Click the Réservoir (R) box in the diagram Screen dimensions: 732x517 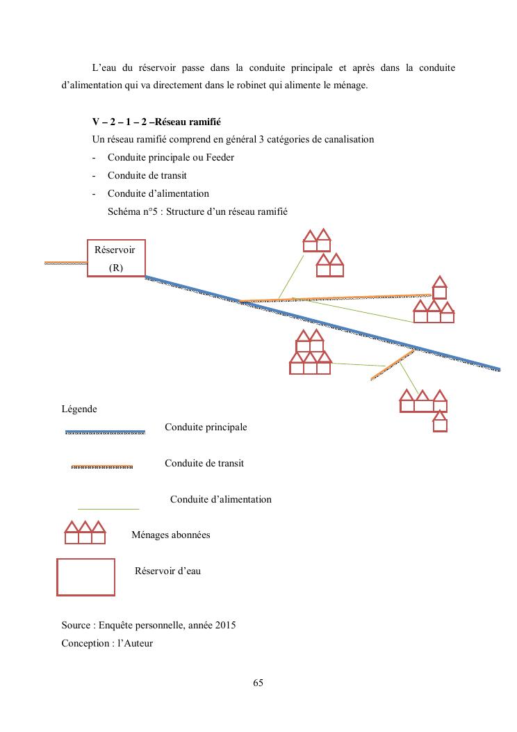[116, 258]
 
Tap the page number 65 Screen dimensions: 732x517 [258, 683]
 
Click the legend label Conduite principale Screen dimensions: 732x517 [206, 427]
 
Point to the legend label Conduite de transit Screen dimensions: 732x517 [204, 463]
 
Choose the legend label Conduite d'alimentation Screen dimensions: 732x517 [221, 499]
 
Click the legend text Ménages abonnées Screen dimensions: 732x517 [170, 535]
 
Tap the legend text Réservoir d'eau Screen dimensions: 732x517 [167, 571]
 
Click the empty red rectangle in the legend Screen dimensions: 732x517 [85, 577]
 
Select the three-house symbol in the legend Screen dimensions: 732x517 [85, 532]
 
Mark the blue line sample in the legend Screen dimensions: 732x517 [105, 432]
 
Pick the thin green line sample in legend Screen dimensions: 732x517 [108, 509]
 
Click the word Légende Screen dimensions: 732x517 [79, 409]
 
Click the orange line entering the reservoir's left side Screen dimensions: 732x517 [66, 263]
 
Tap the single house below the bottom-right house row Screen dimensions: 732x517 [439, 423]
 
